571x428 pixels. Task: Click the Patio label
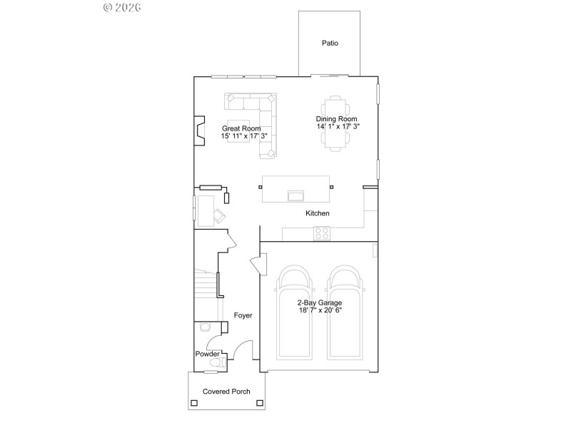330,44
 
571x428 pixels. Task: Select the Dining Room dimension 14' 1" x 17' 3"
338,126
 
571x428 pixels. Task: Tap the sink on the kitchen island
295,195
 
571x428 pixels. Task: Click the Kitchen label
317,213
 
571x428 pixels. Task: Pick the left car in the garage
295,314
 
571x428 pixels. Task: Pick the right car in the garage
346,314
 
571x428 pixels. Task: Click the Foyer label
243,315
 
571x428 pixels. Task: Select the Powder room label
207,354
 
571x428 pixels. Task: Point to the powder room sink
205,327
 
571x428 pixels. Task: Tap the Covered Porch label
226,392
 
